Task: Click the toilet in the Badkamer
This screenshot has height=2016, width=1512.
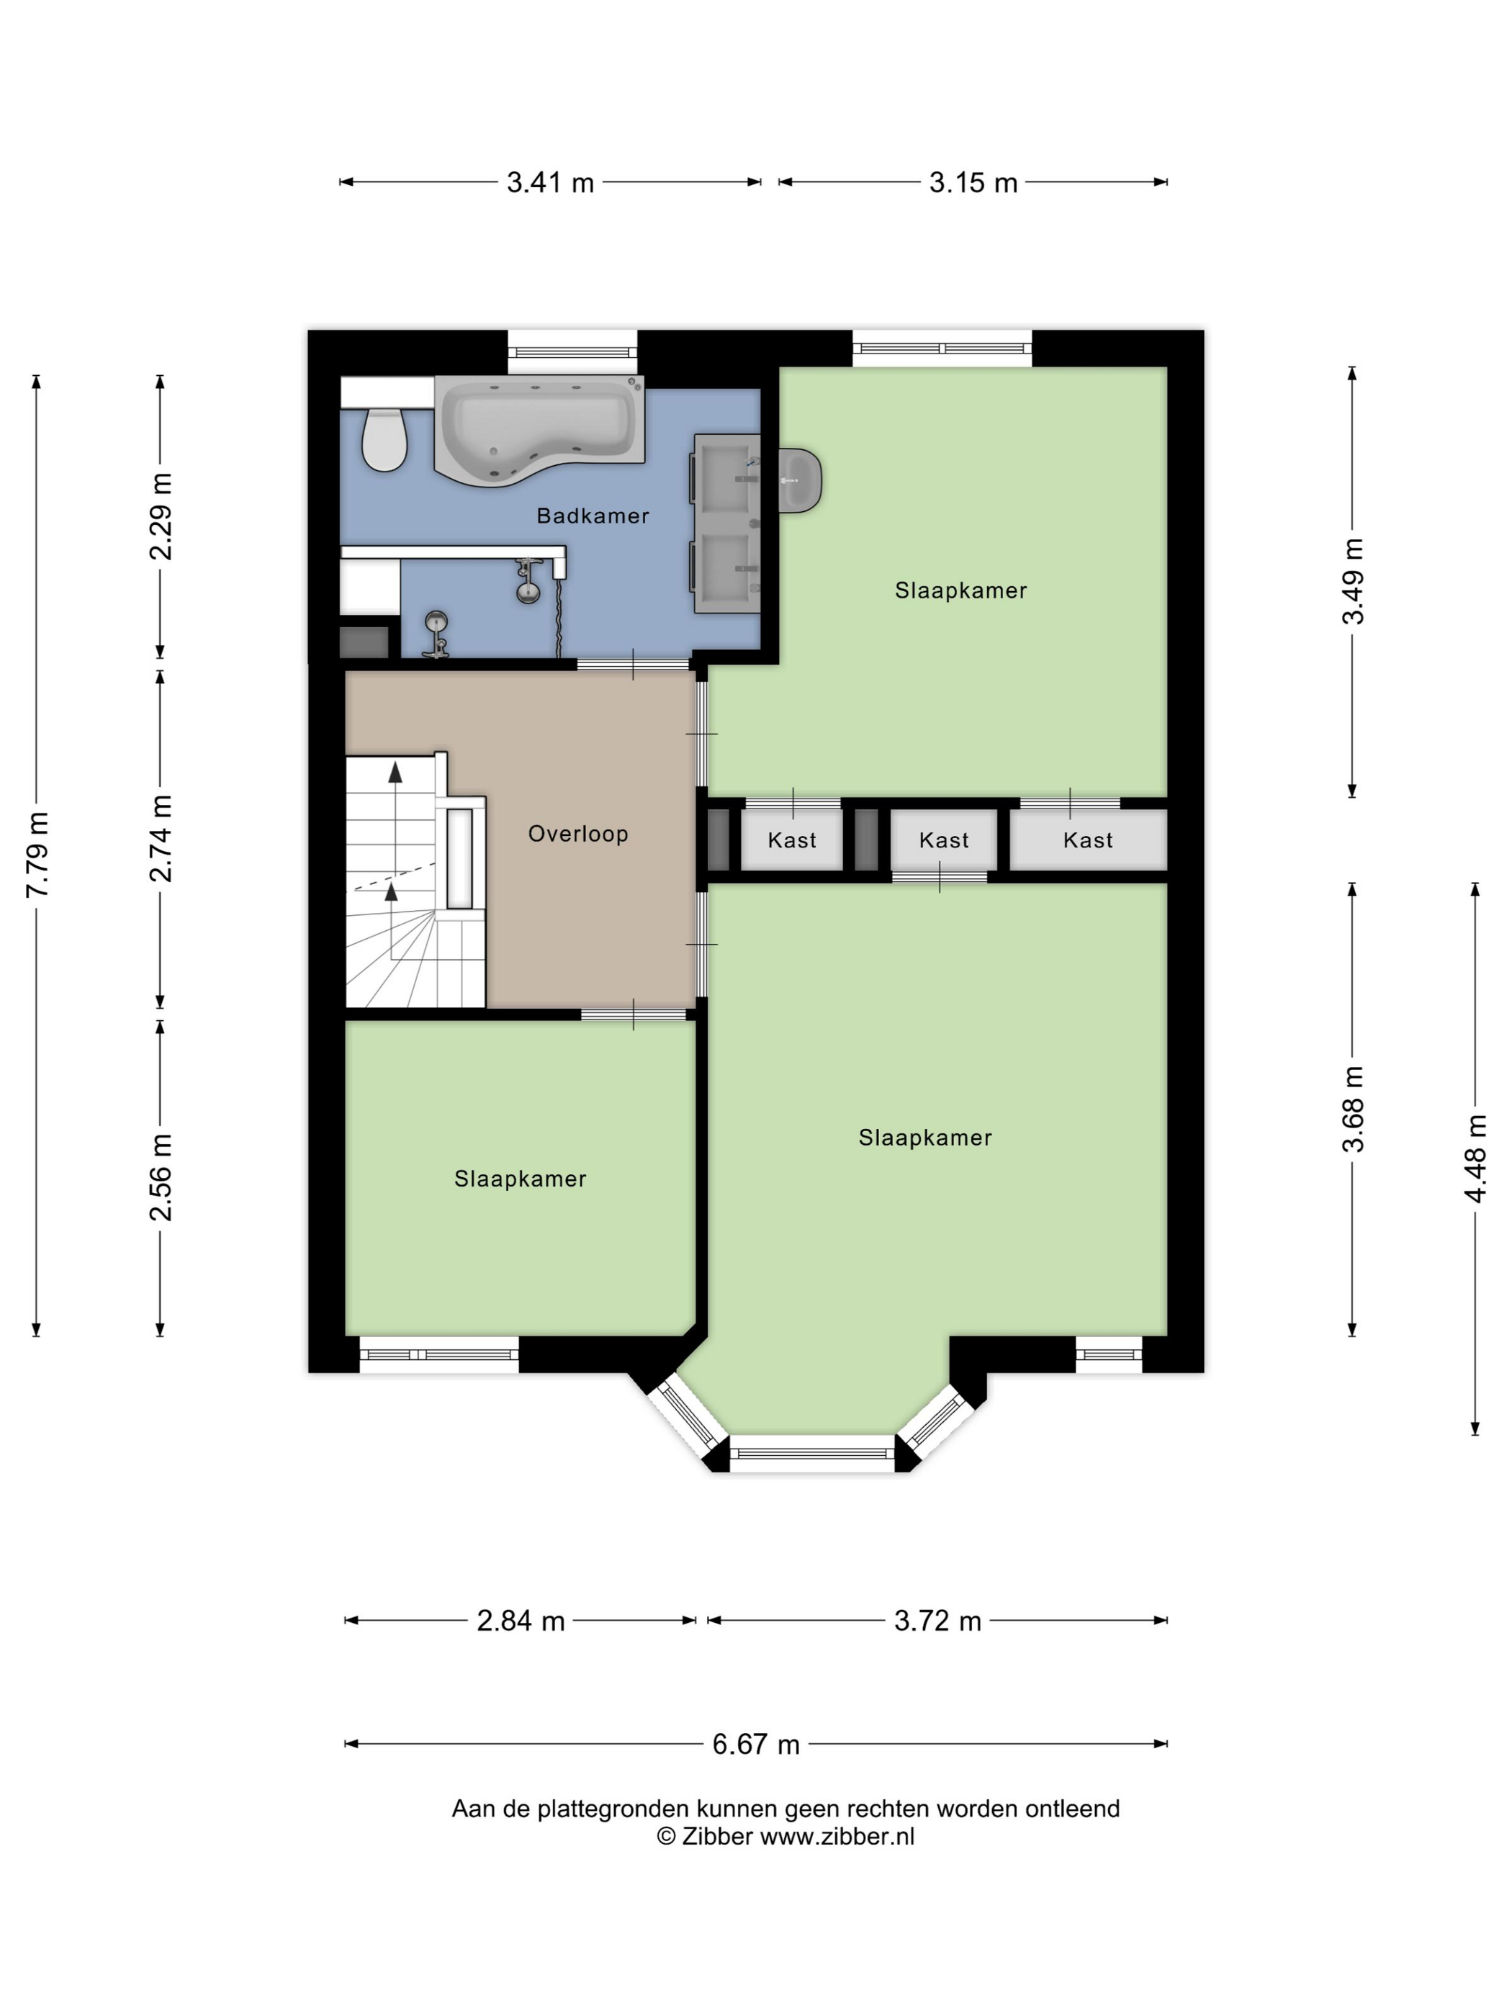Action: pyautogui.click(x=384, y=439)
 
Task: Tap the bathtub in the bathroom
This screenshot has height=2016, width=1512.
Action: pyautogui.click(x=539, y=429)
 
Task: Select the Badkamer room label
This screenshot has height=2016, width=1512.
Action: pyautogui.click(x=593, y=516)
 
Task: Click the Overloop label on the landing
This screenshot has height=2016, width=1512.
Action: pyautogui.click(x=578, y=833)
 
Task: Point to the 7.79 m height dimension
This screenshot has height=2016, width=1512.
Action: pyautogui.click(x=37, y=854)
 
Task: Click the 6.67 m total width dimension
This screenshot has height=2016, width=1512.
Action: pyautogui.click(x=755, y=1744)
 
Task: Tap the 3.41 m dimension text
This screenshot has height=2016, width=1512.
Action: pyautogui.click(x=551, y=182)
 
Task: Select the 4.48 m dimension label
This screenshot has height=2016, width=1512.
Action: pyautogui.click(x=1475, y=1158)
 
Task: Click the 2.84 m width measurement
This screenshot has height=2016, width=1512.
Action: pyautogui.click(x=521, y=1621)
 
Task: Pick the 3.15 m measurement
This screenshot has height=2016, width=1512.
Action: pyautogui.click(x=973, y=182)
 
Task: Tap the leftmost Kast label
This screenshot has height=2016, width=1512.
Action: pyautogui.click(x=792, y=840)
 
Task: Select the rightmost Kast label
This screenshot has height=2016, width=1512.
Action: pyautogui.click(x=1088, y=840)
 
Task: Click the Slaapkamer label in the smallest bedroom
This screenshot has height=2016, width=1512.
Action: pyautogui.click(x=520, y=1179)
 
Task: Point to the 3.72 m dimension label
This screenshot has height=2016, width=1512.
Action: pyautogui.click(x=938, y=1621)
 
